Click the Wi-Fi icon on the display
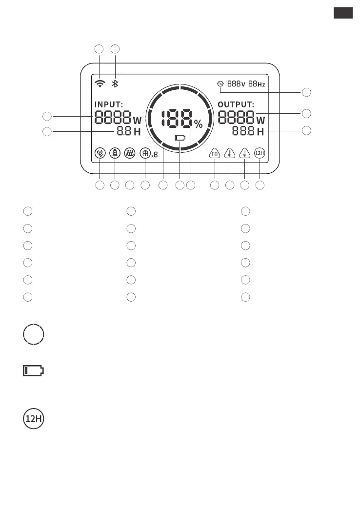tap(100, 83)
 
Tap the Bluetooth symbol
tap(115, 83)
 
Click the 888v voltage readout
tap(237, 84)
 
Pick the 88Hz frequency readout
tap(257, 84)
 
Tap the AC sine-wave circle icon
tap(220, 84)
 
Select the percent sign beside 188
tap(199, 124)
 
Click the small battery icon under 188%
tap(180, 138)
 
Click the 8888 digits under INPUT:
tap(113, 118)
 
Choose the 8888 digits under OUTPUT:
tap(236, 118)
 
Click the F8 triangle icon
tap(215, 153)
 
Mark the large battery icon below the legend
tap(33, 371)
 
